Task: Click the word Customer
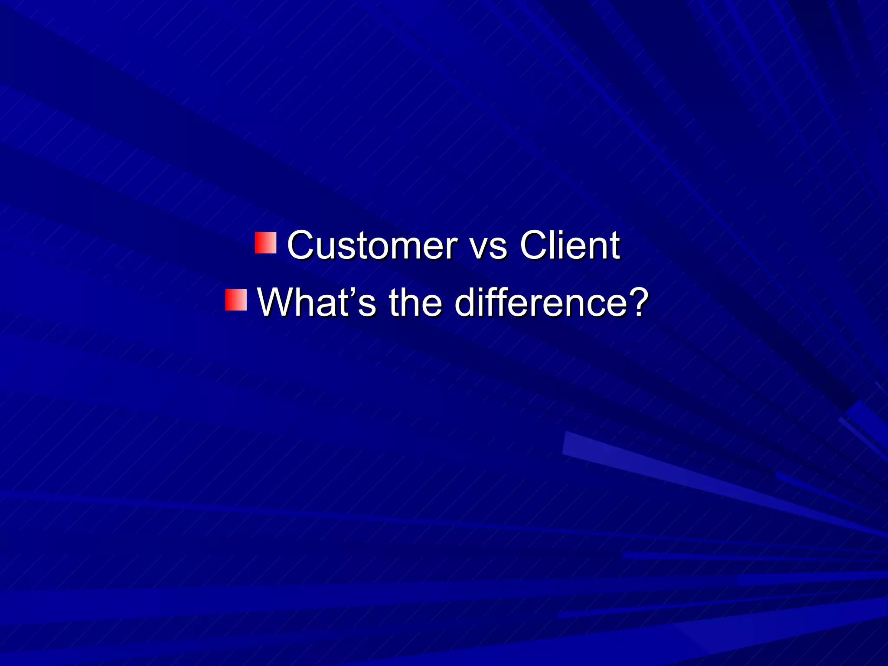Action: tap(372, 245)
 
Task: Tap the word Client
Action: tap(570, 245)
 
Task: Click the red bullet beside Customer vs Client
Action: tap(265, 243)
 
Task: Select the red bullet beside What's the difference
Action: tap(236, 300)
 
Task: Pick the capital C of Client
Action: tap(533, 245)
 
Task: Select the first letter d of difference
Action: tap(466, 303)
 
